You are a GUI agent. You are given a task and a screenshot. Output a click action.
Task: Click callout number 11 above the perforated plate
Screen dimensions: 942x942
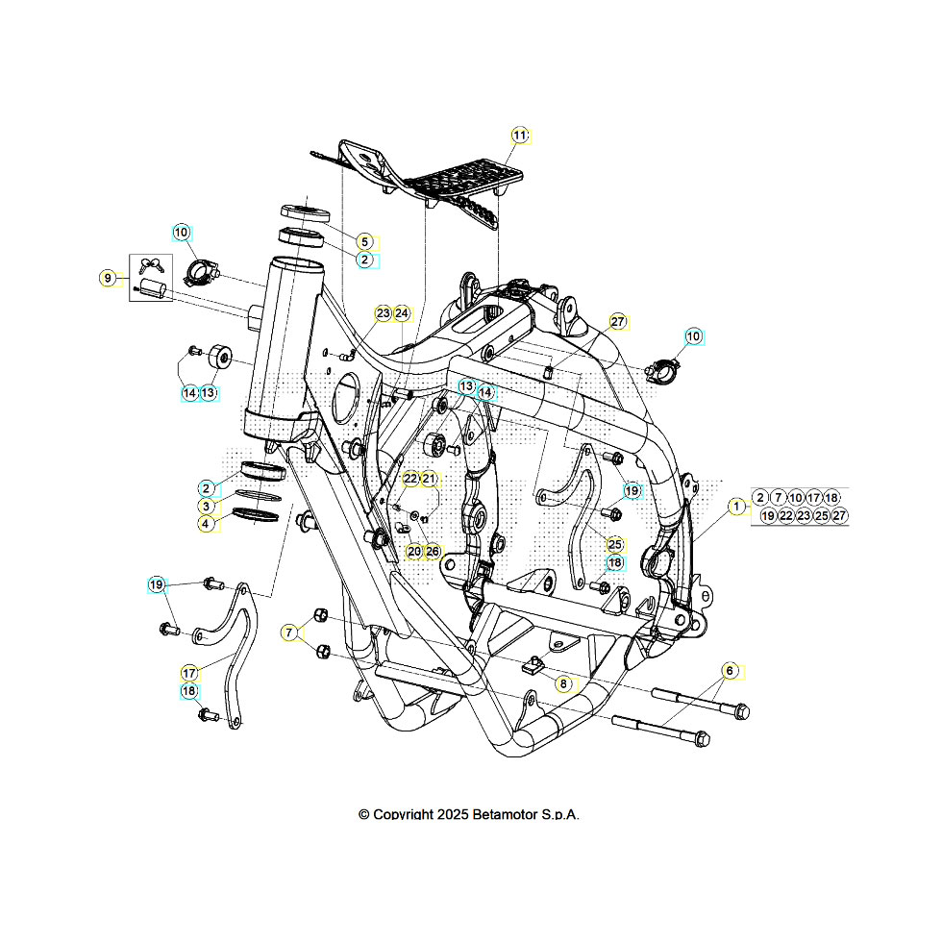[x=520, y=136]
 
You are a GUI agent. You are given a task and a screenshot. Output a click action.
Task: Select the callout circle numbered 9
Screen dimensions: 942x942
[x=109, y=278]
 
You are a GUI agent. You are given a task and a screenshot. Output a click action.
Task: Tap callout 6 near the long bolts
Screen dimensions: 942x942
[x=730, y=670]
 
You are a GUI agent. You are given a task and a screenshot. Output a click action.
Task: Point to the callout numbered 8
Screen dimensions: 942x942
[x=563, y=683]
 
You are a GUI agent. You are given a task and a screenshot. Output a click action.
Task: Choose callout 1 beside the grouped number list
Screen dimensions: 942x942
[x=736, y=507]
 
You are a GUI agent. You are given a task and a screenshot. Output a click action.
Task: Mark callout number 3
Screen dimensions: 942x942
[x=207, y=506]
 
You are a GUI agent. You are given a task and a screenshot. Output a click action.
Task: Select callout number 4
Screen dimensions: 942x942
[x=207, y=524]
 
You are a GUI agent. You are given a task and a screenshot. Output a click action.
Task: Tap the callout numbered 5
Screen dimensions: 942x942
[x=364, y=241]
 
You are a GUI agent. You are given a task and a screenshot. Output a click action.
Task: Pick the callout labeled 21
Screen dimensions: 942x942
[x=429, y=479]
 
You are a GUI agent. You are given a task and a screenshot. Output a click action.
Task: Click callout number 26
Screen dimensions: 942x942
[x=433, y=551]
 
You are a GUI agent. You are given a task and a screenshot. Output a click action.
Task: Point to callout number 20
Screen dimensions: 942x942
[x=413, y=551]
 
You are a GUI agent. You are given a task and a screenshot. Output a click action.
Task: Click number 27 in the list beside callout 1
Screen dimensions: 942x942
[x=839, y=516]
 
